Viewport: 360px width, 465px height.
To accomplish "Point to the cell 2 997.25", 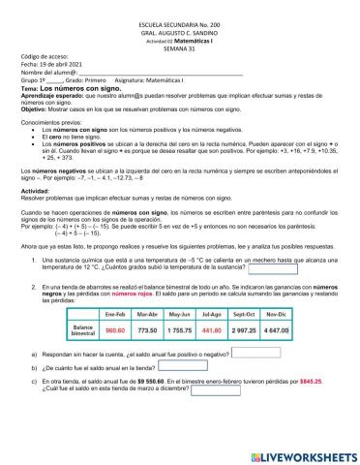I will tap(272, 330).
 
